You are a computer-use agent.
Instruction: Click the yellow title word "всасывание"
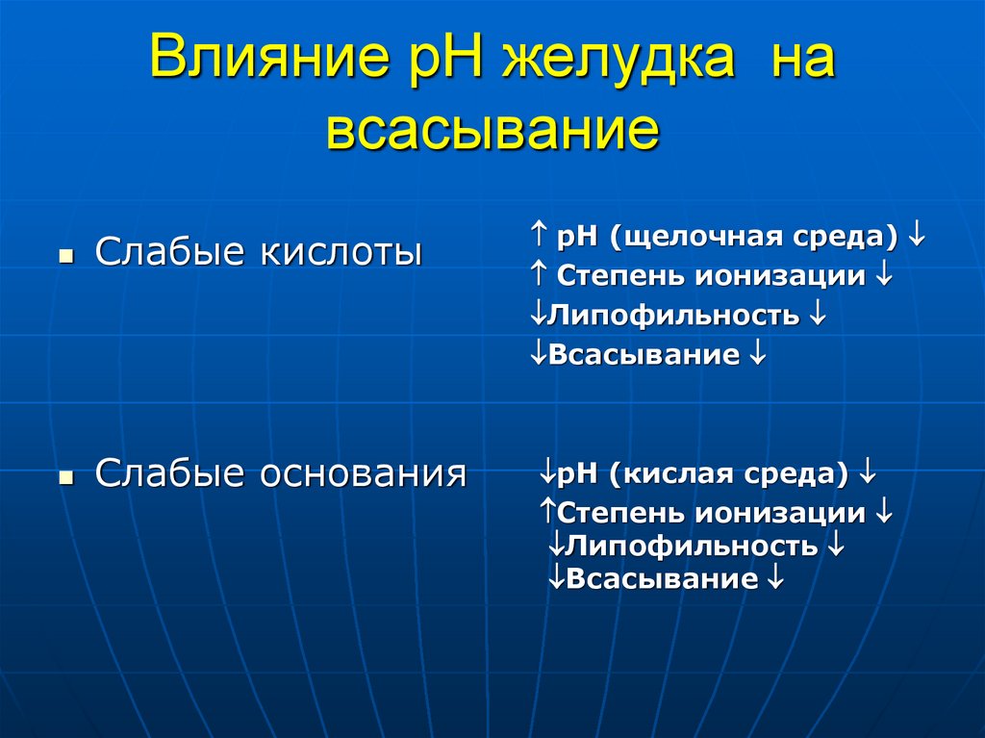click(x=492, y=130)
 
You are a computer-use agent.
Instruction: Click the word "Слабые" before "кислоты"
click(x=168, y=253)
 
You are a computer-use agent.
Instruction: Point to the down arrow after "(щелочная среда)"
click(x=917, y=236)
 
